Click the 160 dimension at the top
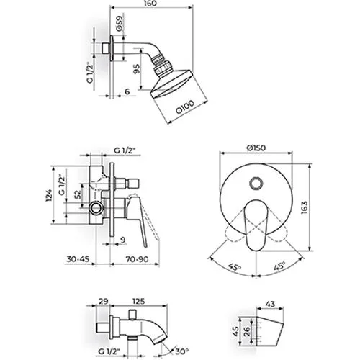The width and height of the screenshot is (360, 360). (151, 3)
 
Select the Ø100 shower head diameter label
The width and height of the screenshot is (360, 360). (185, 107)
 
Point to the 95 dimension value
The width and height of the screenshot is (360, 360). (136, 69)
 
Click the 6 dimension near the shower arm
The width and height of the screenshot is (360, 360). (127, 91)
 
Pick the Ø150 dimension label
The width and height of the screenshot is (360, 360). (256, 148)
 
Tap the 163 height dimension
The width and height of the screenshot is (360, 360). (304, 207)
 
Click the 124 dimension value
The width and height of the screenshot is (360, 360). (49, 195)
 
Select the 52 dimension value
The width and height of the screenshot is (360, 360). (77, 194)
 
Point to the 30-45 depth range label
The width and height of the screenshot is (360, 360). (78, 259)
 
